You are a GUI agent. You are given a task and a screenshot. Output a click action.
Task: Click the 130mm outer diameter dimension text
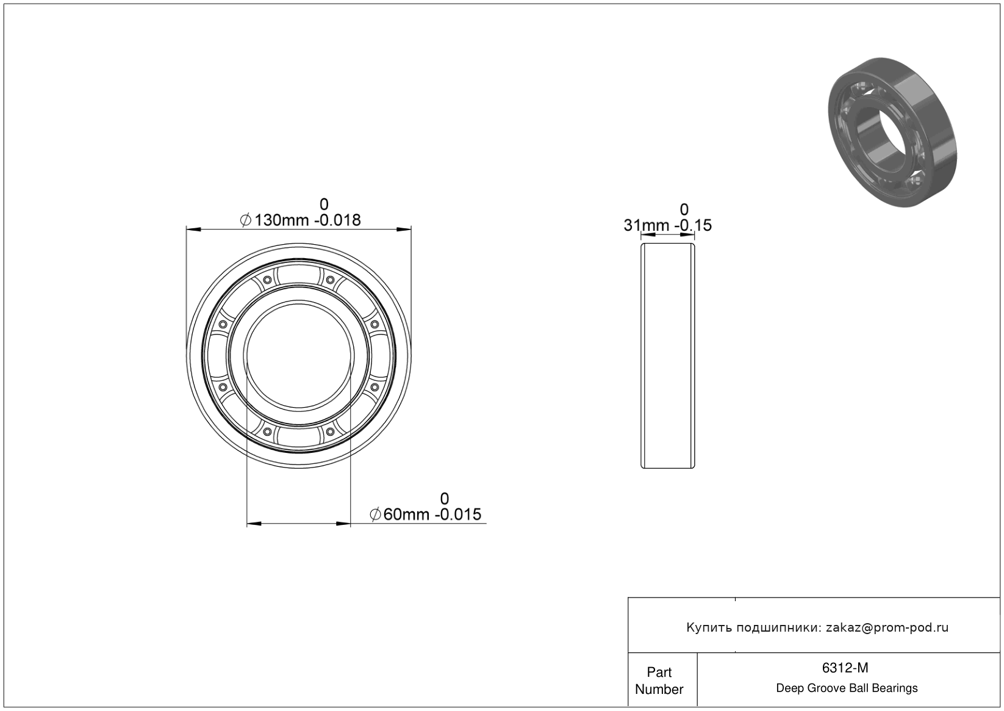281,220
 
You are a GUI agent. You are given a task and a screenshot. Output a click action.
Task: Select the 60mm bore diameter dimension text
406,514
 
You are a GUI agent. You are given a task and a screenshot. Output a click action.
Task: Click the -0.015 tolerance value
457,514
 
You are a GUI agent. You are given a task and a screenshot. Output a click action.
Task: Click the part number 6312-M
845,668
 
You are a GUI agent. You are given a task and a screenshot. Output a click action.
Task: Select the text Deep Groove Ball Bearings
847,688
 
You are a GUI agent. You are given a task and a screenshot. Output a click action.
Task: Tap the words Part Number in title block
659,680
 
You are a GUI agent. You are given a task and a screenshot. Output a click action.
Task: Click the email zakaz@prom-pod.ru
887,627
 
